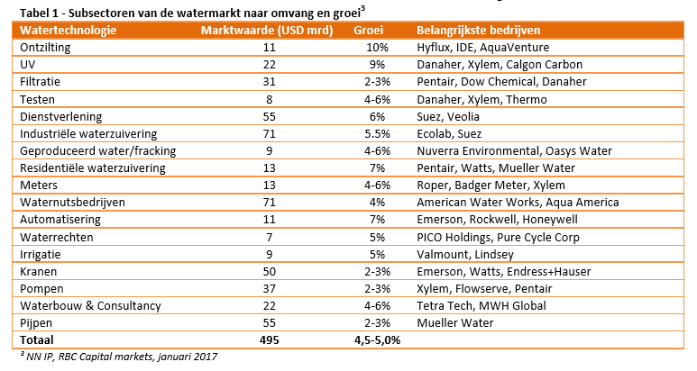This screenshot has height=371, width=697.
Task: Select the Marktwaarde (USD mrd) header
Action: (x=267, y=30)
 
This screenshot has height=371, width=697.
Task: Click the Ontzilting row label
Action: (x=46, y=47)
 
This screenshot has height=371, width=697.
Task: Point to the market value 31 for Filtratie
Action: (x=268, y=81)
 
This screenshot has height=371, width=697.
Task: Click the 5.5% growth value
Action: (x=377, y=132)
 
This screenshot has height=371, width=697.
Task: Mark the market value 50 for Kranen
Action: (x=268, y=270)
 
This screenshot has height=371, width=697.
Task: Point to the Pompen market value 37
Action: (x=268, y=287)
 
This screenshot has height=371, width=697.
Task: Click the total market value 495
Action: (x=268, y=339)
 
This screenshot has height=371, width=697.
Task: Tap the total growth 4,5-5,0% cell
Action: (x=377, y=339)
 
